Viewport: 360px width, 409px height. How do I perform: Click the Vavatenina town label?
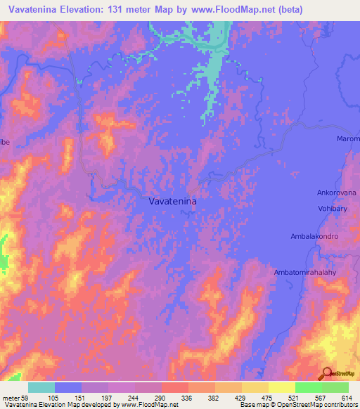tap(173, 201)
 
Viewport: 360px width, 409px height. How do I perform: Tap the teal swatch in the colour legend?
tap(41, 387)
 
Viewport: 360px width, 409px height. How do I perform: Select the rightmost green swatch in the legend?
tap(335, 387)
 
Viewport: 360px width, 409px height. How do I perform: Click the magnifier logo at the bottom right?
tap(327, 373)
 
